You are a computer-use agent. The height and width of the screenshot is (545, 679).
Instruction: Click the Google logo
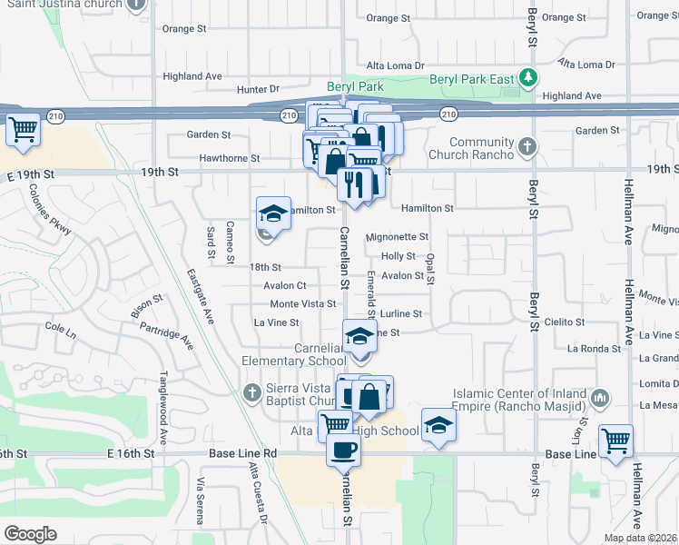pyautogui.click(x=30, y=534)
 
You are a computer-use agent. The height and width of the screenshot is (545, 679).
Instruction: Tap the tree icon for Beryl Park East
pyautogui.click(x=527, y=78)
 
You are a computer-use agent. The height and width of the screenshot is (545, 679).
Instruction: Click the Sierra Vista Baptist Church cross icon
pyautogui.click(x=253, y=392)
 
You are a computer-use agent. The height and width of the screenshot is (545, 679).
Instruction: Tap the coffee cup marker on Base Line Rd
pyautogui.click(x=342, y=451)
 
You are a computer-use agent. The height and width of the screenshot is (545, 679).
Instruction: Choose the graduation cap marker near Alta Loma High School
pyautogui.click(x=438, y=425)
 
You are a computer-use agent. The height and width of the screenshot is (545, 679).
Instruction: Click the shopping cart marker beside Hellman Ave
pyautogui.click(x=616, y=441)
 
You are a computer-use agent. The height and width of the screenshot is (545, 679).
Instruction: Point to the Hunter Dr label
pyautogui.click(x=258, y=89)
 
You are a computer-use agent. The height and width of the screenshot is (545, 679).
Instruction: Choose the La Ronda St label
pyautogui.click(x=591, y=348)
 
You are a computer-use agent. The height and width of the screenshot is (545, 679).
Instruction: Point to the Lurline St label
pyautogui.click(x=401, y=313)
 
